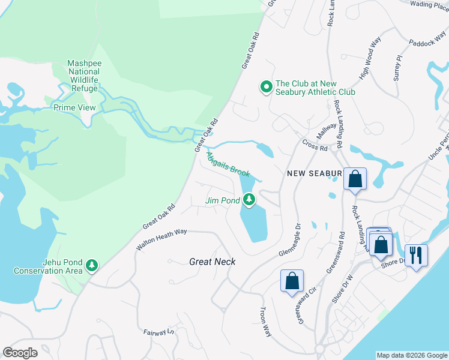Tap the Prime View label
point(74,107)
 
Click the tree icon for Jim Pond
point(249,200)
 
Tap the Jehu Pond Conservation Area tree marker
point(91,265)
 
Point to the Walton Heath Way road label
point(161,238)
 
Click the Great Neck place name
point(212,262)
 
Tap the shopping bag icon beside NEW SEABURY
point(355,179)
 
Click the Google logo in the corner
point(20,353)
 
